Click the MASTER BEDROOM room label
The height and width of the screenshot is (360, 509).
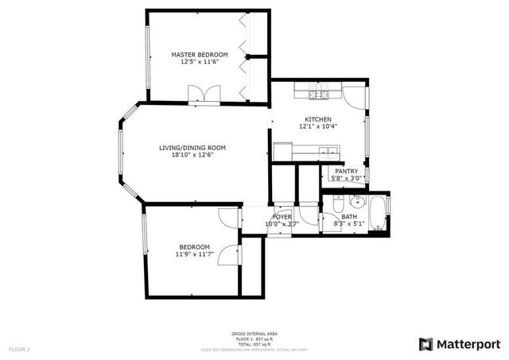pyautogui.click(x=200, y=55)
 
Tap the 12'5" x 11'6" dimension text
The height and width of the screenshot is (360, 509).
pyautogui.click(x=200, y=62)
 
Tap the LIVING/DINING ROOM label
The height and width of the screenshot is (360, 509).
pyautogui.click(x=192, y=148)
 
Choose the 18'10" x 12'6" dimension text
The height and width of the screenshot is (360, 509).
pyautogui.click(x=192, y=155)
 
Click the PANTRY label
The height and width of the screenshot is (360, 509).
pyautogui.click(x=346, y=171)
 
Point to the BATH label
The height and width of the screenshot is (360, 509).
pyautogui.click(x=349, y=217)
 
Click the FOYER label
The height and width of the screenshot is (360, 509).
pyautogui.click(x=282, y=217)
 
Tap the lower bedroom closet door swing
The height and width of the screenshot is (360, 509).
pyautogui.click(x=230, y=255)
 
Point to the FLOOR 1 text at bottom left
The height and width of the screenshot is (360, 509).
pyautogui.click(x=19, y=349)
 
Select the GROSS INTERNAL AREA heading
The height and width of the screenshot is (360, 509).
pyautogui.click(x=254, y=333)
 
